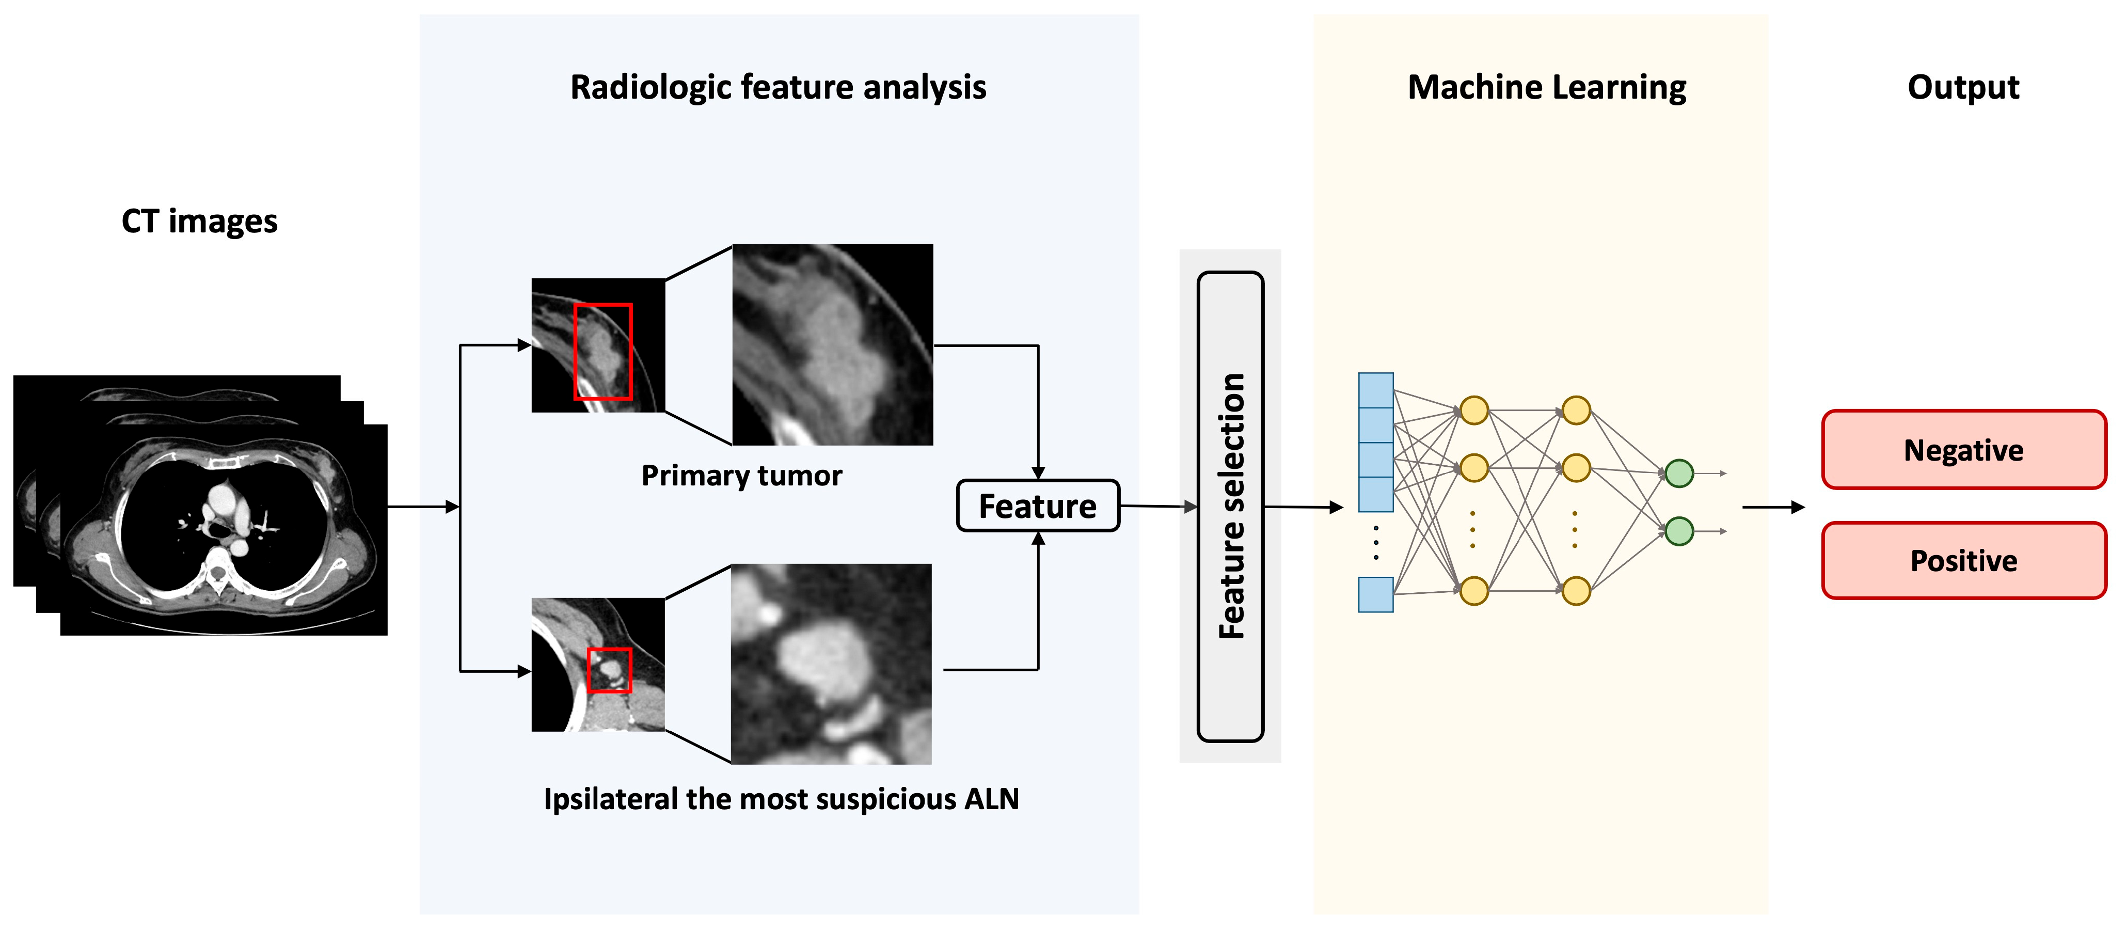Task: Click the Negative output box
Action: pyautogui.click(x=1963, y=450)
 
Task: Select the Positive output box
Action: pyautogui.click(x=1963, y=560)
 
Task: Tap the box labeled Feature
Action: pyautogui.click(x=1037, y=506)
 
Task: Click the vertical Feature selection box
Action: pyautogui.click(x=1230, y=506)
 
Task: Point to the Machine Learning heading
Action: pyautogui.click(x=1546, y=87)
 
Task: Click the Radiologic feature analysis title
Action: pyautogui.click(x=778, y=87)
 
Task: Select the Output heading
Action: pyautogui.click(x=1962, y=87)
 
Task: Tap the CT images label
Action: pyautogui.click(x=199, y=221)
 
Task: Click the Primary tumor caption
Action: pyautogui.click(x=741, y=475)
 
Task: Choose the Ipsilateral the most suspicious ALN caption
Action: pyautogui.click(x=781, y=799)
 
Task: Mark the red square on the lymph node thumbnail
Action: pyautogui.click(x=609, y=670)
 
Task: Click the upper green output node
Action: pyautogui.click(x=1679, y=474)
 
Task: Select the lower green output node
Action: pyautogui.click(x=1679, y=531)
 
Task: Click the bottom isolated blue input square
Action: pyautogui.click(x=1376, y=595)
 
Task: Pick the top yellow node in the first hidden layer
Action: pyautogui.click(x=1474, y=410)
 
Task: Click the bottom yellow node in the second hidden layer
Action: pyautogui.click(x=1576, y=591)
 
